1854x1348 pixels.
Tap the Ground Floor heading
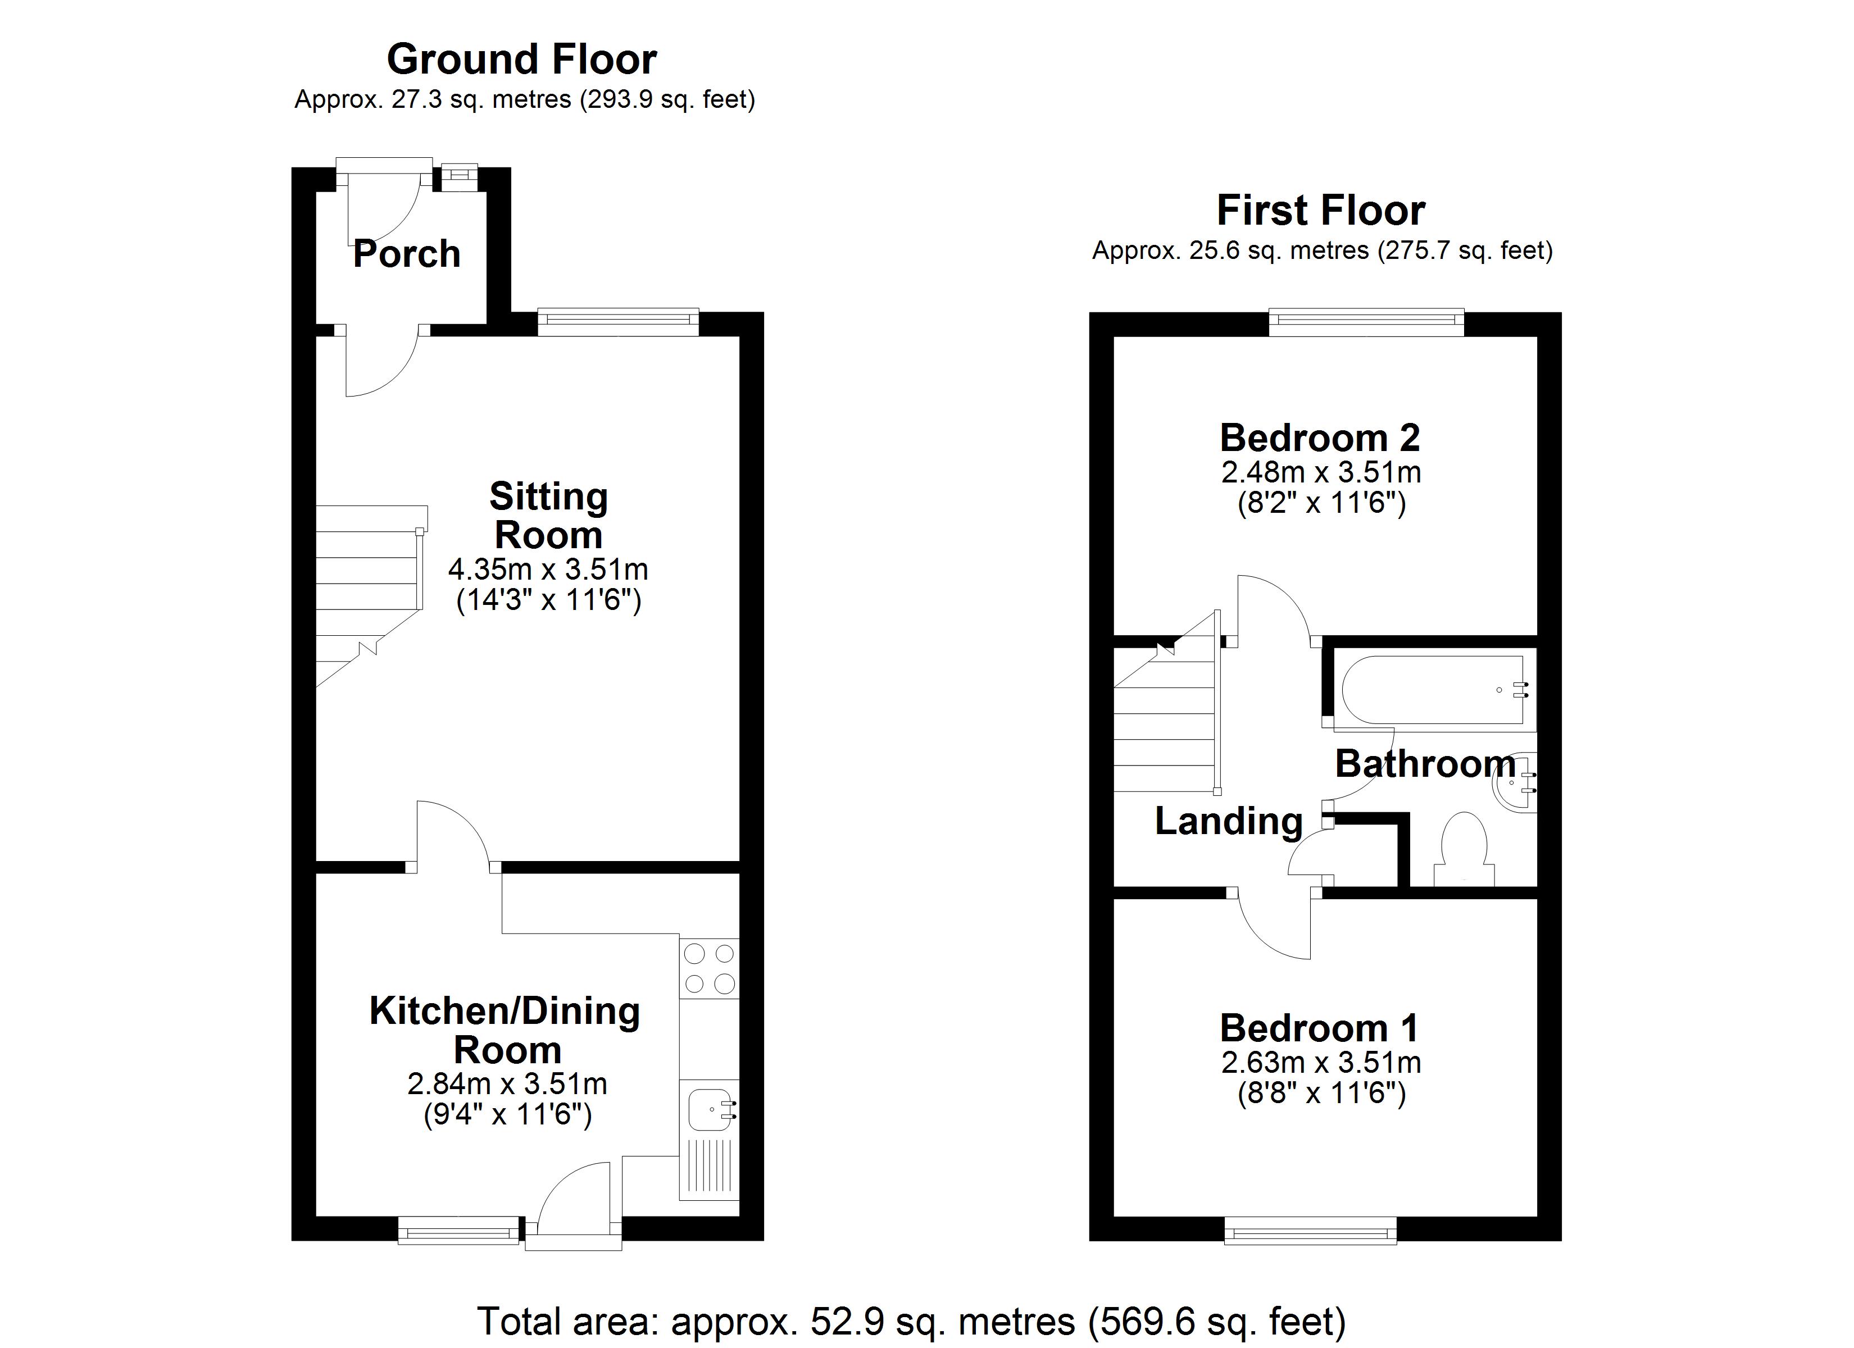(x=521, y=59)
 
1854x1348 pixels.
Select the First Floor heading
(x=1321, y=210)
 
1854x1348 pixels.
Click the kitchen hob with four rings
(x=709, y=969)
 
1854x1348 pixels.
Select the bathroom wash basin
(x=1515, y=782)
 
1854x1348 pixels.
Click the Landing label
(x=1229, y=822)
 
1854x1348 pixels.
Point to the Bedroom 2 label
(x=1320, y=438)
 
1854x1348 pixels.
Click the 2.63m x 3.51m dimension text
(x=1321, y=1063)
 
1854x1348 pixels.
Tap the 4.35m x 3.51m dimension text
(x=548, y=569)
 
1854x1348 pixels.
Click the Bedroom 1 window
(x=1310, y=1230)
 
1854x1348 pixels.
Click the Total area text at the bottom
(x=911, y=1322)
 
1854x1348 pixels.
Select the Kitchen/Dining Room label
(x=505, y=1030)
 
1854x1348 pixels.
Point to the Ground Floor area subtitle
(x=525, y=100)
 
